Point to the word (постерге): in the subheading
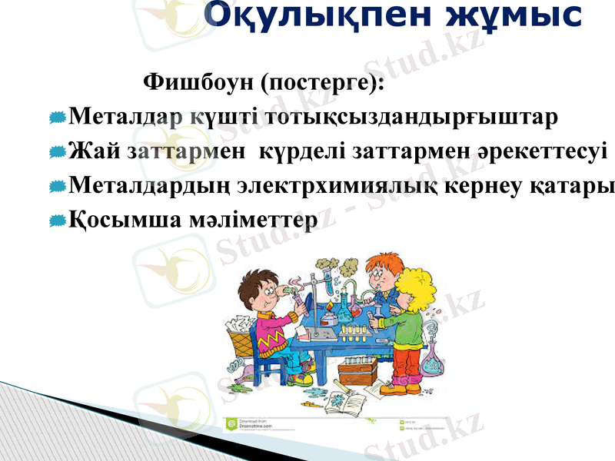click(x=322, y=82)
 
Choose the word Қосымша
click(x=124, y=221)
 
